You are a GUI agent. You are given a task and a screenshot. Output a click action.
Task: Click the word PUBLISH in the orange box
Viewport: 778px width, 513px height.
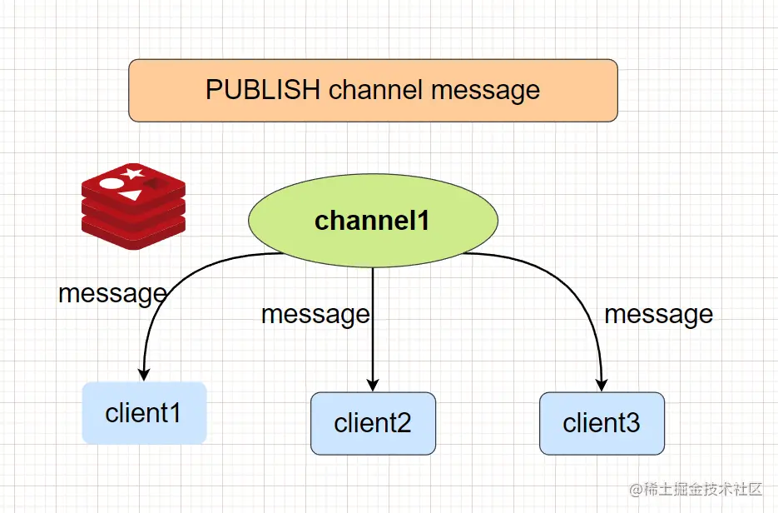pos(263,90)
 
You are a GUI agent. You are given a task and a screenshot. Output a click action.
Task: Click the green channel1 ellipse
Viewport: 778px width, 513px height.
pos(373,221)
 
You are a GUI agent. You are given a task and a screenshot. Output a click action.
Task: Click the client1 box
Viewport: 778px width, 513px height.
pos(143,412)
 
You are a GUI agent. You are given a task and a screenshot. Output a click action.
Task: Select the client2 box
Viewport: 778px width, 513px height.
pos(373,423)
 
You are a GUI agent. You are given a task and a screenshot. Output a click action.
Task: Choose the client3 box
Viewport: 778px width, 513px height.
pos(602,423)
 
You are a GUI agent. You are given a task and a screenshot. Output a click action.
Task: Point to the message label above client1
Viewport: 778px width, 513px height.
pos(112,293)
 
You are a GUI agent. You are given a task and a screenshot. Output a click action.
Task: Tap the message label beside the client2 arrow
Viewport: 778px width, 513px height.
pos(315,314)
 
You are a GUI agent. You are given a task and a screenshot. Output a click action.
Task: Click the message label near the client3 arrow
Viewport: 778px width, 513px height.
pos(658,314)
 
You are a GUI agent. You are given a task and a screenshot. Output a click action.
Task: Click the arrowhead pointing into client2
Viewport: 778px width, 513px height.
pos(373,384)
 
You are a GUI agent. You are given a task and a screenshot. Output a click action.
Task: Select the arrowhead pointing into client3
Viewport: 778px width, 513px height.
pos(602,384)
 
